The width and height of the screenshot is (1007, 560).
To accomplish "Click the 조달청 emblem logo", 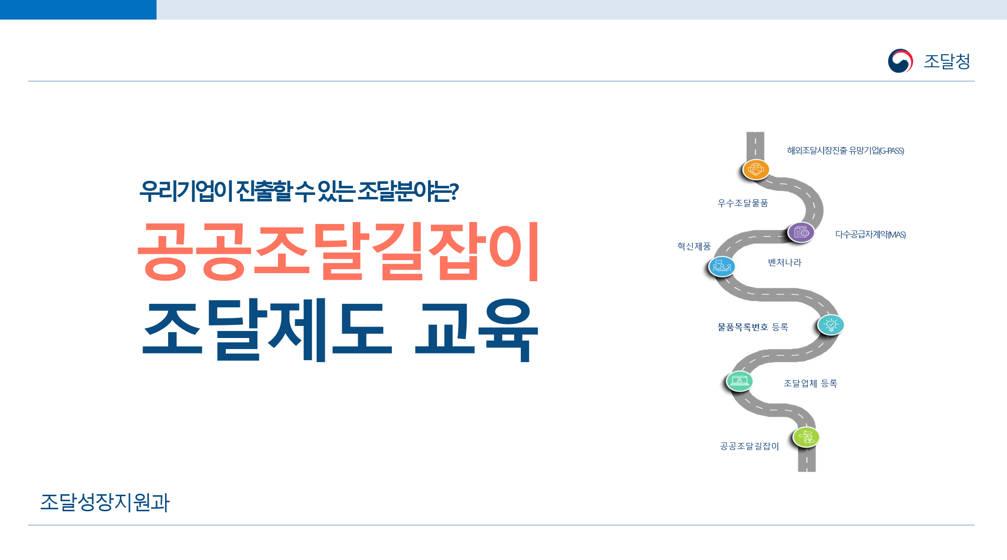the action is coord(900,61).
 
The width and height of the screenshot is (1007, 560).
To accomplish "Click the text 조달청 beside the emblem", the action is coord(947,61).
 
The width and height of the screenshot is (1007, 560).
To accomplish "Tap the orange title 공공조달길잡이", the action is coord(339,251).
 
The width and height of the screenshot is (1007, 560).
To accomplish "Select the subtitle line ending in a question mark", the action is coord(299,191).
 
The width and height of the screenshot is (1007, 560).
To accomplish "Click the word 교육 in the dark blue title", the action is coord(477,329).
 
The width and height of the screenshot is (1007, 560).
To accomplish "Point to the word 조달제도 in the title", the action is coord(267,329).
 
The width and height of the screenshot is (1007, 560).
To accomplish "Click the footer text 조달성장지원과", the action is coord(105,502).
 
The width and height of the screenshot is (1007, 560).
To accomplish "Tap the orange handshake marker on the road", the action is coord(756,170).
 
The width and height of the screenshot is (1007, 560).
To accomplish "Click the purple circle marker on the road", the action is coord(801,233).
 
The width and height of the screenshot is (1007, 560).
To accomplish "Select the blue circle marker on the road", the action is coord(722,266).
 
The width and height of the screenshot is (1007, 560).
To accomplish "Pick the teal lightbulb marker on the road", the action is coord(831,325).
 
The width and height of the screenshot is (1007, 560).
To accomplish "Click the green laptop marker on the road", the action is coord(740,381).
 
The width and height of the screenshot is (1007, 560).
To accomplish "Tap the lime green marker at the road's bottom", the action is coord(806,437).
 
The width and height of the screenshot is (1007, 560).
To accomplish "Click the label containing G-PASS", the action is coord(845,151).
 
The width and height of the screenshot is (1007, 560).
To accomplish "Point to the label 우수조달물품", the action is coord(743,203).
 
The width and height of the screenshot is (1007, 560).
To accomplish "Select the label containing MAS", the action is coord(871,235).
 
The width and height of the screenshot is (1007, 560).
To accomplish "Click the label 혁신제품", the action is coord(694,246).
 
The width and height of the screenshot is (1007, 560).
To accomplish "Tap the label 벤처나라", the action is coord(785,262).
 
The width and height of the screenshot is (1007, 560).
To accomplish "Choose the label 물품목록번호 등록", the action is coord(753,327).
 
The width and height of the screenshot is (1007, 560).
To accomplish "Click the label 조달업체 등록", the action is coord(810,383).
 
